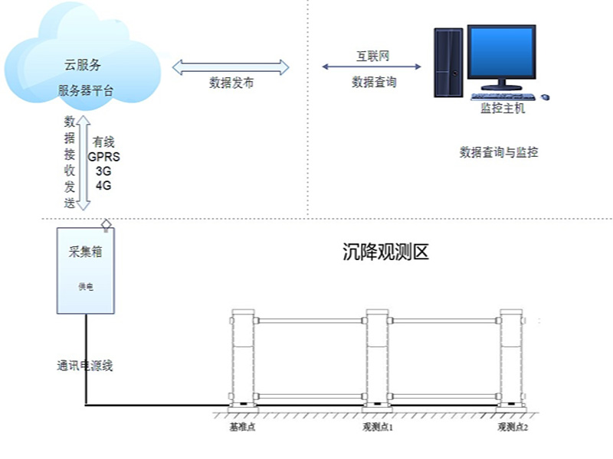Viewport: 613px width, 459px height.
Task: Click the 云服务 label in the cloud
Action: pos(83,65)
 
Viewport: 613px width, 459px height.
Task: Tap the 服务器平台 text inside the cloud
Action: pos(86,90)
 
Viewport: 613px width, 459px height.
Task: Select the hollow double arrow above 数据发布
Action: pos(231,67)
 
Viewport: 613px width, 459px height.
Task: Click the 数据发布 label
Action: pos(231,83)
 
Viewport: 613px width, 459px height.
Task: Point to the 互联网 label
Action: pos(372,56)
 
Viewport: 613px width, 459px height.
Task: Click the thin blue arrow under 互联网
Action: pos(372,67)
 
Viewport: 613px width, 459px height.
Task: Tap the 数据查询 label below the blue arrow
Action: pos(374,82)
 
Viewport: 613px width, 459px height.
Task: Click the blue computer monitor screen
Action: pos(502,52)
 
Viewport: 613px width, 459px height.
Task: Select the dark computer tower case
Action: pos(449,63)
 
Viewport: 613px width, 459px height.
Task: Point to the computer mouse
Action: pos(545,97)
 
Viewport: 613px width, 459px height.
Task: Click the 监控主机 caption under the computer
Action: pos(503,108)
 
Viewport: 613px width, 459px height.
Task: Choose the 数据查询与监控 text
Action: pos(499,152)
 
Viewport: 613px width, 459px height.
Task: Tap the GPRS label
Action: pos(103,157)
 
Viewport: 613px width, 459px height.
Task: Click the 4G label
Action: pos(103,185)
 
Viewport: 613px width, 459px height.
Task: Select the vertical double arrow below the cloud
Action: pos(84,162)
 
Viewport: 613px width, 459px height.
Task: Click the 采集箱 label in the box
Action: pos(86,252)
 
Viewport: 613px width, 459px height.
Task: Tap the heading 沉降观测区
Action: pos(386,252)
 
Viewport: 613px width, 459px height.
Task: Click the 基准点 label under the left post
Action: pos(242,427)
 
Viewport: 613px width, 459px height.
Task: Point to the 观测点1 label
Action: pos(378,427)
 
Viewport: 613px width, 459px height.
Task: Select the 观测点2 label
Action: pos(513,427)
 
